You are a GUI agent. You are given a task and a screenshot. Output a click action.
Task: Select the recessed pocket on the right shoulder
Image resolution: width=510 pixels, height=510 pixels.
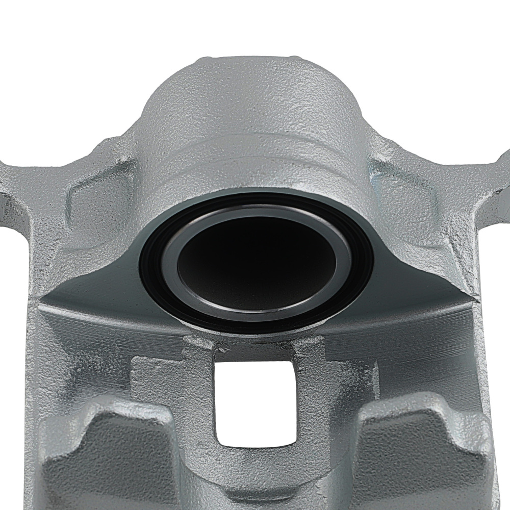(x=403, y=199)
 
